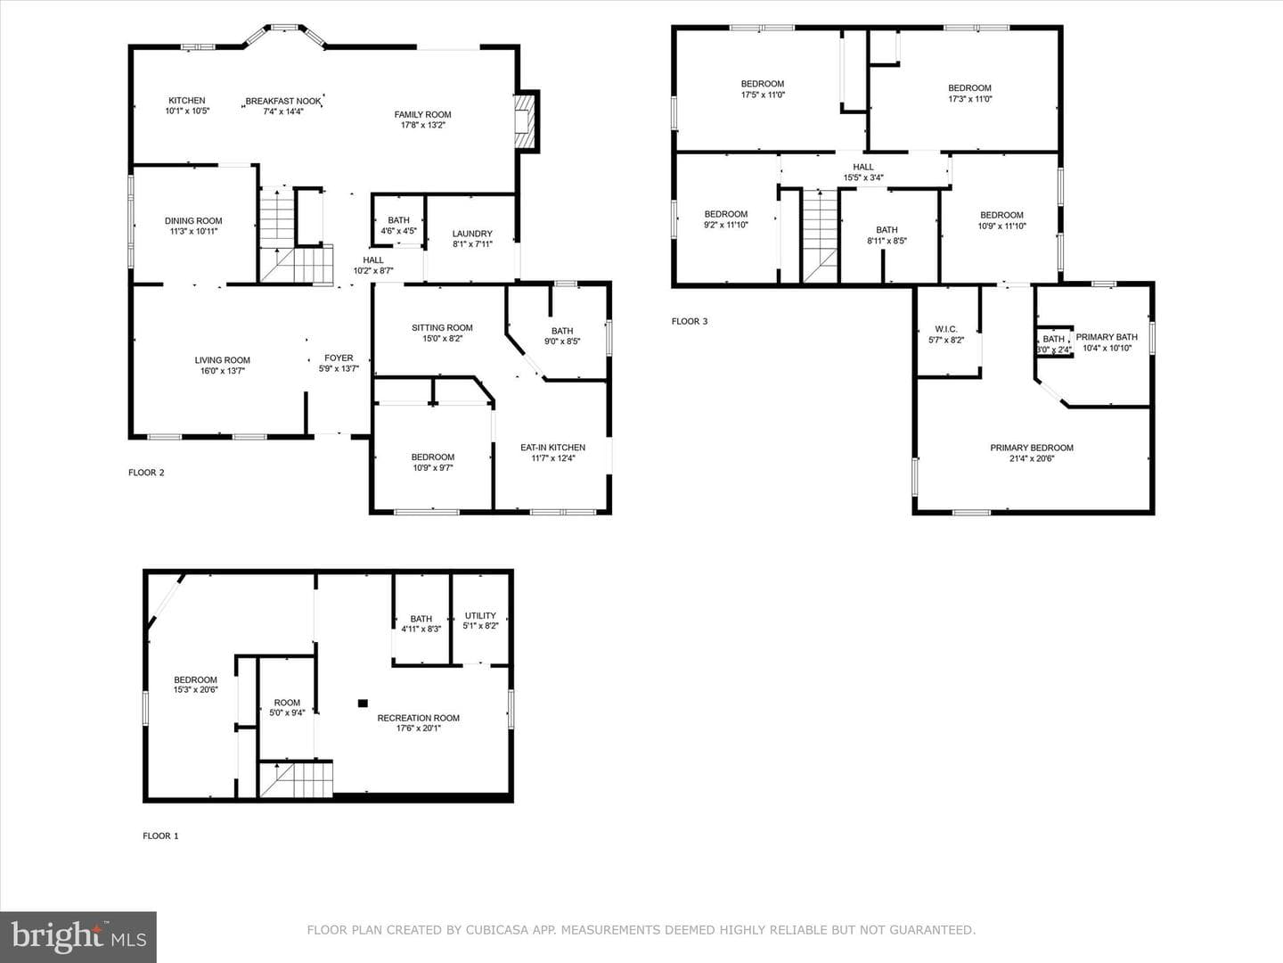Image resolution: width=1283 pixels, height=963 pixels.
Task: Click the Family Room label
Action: [422, 115]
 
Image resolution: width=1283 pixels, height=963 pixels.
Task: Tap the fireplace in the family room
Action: [524, 121]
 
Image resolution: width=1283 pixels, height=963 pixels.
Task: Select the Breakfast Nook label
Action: [283, 101]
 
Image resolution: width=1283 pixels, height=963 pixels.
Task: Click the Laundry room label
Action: [472, 234]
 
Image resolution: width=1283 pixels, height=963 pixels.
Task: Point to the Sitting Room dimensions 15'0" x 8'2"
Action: [443, 339]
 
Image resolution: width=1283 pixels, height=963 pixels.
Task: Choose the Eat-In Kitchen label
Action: [553, 448]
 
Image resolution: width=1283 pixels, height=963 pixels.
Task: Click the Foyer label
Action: [339, 358]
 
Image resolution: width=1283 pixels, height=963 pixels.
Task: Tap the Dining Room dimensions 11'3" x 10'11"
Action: [193, 232]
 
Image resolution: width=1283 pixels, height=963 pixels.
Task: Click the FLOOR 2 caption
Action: [146, 473]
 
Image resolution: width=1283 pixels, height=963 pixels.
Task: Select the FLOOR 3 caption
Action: [690, 321]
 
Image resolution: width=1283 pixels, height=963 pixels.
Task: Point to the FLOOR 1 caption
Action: [160, 835]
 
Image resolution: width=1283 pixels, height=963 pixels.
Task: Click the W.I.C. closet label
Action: [946, 329]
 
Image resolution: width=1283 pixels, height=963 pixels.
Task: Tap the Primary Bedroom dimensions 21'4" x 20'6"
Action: [1032, 458]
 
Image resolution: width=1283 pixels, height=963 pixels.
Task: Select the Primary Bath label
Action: [1107, 337]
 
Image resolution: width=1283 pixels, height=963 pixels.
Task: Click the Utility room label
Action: [480, 615]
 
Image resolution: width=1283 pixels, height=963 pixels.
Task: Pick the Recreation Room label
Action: [419, 718]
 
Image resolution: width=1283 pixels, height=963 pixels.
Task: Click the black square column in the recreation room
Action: [363, 704]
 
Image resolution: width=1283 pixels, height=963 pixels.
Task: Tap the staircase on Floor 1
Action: [296, 779]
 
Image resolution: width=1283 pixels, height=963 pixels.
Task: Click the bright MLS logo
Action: [78, 937]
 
